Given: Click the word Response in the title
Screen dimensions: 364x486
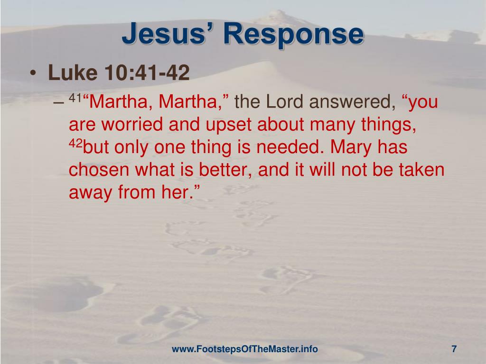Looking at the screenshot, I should [x=294, y=35].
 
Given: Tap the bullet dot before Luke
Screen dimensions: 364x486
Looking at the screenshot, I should [x=32, y=74].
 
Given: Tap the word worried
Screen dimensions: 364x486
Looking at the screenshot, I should [x=133, y=125].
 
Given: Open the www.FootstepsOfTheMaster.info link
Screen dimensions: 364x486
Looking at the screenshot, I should [x=244, y=349].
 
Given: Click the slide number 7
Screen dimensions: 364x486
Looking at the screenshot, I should [x=454, y=349].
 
